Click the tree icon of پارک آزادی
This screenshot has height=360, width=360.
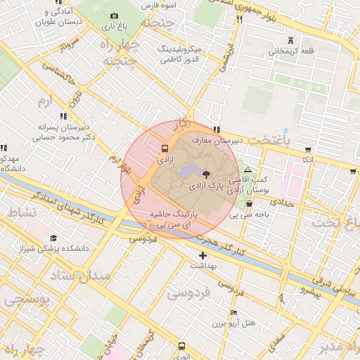tap(206, 173)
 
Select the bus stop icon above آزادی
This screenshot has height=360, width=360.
tap(165, 149)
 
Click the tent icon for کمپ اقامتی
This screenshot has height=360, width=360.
tap(247, 170)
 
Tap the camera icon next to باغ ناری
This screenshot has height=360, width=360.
tap(115, 15)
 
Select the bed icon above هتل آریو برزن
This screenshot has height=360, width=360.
tap(234, 312)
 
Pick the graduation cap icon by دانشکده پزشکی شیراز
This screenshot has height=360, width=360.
tap(53, 238)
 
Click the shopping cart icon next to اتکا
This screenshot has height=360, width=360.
tap(307, 149)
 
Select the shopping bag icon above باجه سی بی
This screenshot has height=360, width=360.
tap(248, 203)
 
